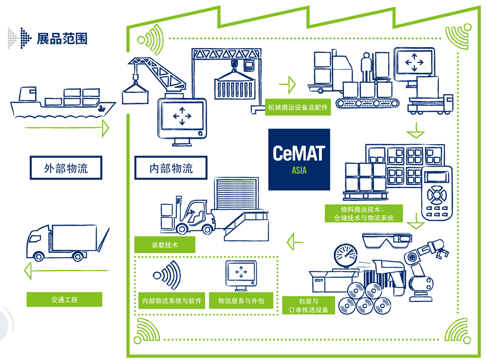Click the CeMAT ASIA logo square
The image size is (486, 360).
coord(299,159)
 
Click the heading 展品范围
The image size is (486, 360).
coord(62,39)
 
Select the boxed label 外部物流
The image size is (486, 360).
coord(66,168)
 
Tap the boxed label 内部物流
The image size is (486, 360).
coord(171,168)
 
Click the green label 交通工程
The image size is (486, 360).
coord(64,299)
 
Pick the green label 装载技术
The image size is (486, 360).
coord(164,245)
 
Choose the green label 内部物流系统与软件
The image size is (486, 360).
coord(172,301)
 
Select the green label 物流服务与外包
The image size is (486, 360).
coord(241,301)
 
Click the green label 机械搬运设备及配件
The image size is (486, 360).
coord(298,107)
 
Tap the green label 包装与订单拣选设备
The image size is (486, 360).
coord(308,305)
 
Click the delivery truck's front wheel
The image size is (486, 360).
coord(39,257)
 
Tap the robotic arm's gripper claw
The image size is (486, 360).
coord(442,253)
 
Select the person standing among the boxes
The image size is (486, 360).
coord(366,67)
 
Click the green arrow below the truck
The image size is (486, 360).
coord(67,271)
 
